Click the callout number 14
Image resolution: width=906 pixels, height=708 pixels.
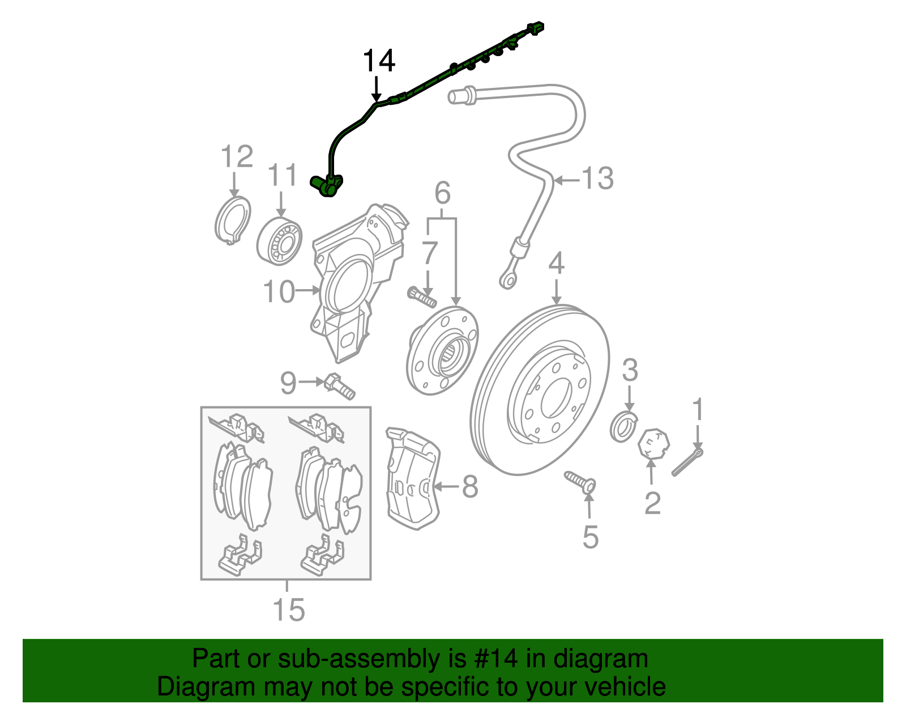pyautogui.click(x=378, y=61)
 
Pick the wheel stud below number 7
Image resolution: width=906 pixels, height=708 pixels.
pyautogui.click(x=421, y=297)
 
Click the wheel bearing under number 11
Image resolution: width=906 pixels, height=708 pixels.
pyautogui.click(x=279, y=241)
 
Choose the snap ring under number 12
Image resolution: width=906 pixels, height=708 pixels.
pyautogui.click(x=233, y=220)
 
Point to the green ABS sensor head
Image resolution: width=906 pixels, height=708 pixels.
pyautogui.click(x=327, y=185)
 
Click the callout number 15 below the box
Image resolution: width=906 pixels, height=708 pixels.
pyautogui.click(x=288, y=611)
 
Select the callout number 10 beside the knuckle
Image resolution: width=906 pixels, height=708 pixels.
pyautogui.click(x=279, y=292)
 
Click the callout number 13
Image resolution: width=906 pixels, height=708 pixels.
pyautogui.click(x=597, y=179)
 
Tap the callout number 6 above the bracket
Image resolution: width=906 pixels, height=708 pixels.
pyautogui.click(x=442, y=193)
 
